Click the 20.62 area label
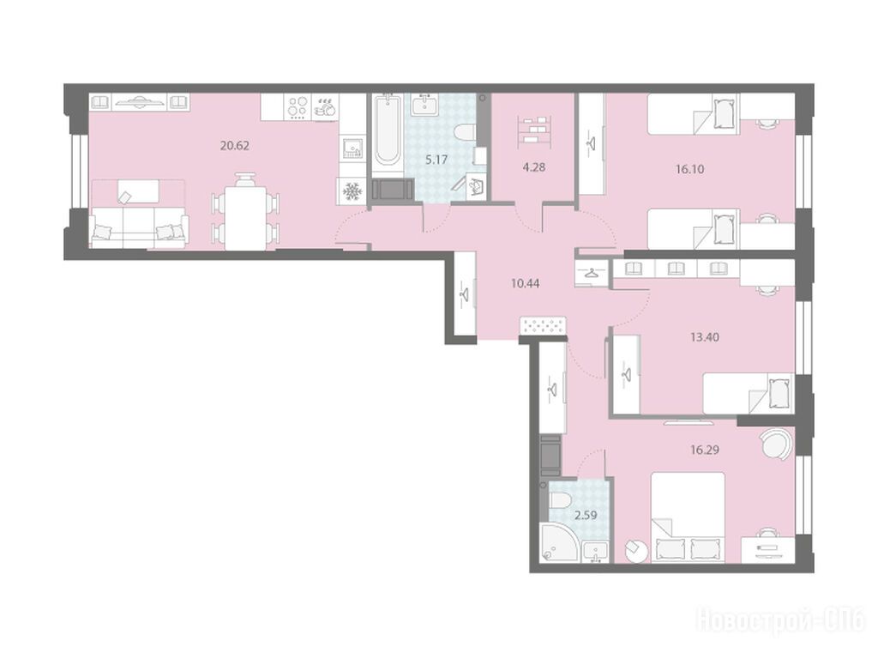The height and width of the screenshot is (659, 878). [x=235, y=146]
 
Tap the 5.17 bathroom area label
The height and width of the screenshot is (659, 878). [x=436, y=160]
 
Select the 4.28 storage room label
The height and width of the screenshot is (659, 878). [x=533, y=167]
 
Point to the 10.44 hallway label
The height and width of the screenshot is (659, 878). [x=526, y=283]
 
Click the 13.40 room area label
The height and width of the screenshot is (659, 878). [x=705, y=337]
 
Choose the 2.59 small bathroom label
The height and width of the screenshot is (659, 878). [x=586, y=515]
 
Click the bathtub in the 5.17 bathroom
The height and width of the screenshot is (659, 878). [x=388, y=130]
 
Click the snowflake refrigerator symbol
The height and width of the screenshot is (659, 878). [x=351, y=191]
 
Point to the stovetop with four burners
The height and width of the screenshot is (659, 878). [x=298, y=106]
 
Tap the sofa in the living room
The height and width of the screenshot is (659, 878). [x=139, y=227]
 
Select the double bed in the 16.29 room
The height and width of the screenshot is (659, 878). [x=688, y=517]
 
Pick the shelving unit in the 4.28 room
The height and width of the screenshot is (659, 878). [x=534, y=131]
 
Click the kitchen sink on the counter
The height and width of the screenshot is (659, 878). [x=352, y=148]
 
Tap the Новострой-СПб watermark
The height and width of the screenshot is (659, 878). [x=781, y=621]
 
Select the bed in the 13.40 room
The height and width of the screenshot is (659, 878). [x=748, y=393]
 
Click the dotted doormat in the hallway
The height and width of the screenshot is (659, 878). [x=543, y=326]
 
